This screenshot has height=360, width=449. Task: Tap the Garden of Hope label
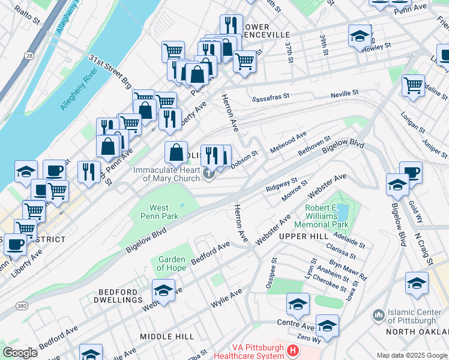171,263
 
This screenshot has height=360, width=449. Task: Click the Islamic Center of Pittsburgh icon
378,315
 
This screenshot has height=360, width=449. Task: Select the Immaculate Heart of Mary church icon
209,175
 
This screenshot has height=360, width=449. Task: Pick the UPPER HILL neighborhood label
303,237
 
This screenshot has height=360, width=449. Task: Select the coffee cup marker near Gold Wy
411,172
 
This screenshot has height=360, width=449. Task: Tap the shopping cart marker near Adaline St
413,86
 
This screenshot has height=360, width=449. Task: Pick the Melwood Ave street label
288,143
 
